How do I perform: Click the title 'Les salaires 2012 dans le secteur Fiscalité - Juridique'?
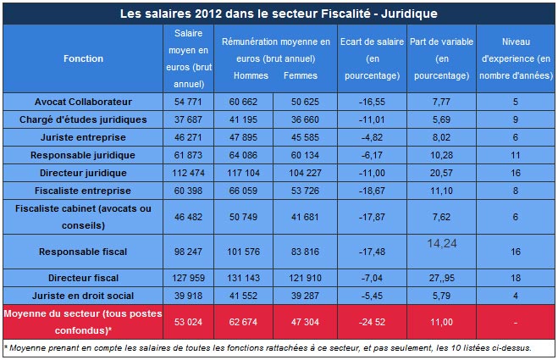coord(279,14)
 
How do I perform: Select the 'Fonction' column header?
coord(83,58)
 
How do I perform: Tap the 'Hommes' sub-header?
coord(251,75)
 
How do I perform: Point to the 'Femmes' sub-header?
coord(301,75)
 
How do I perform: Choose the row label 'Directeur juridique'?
coord(83,173)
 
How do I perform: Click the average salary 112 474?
coord(187,173)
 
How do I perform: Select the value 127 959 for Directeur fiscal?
coord(187,276)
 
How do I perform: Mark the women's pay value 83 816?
coord(301,252)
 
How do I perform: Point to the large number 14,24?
coord(441,243)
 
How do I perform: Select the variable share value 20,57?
coord(441,173)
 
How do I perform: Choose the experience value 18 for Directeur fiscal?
coord(516,276)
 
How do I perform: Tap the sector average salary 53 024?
coord(187,322)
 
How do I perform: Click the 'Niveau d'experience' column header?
coord(516,58)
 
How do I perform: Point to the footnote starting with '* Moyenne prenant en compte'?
coord(275,347)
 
